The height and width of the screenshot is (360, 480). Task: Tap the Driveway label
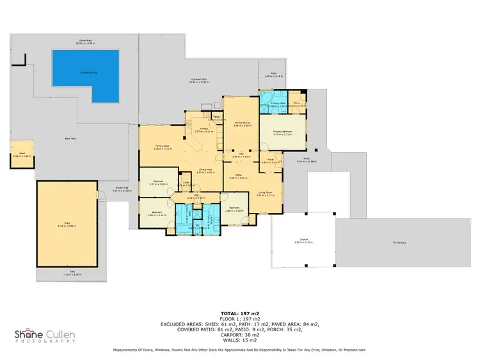point(400,242)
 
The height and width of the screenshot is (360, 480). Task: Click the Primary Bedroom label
point(282,132)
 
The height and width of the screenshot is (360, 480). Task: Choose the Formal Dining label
point(241,124)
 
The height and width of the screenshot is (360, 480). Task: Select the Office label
point(237,175)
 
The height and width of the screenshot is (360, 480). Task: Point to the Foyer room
point(271,160)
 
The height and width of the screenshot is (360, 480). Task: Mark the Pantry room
point(216,118)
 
